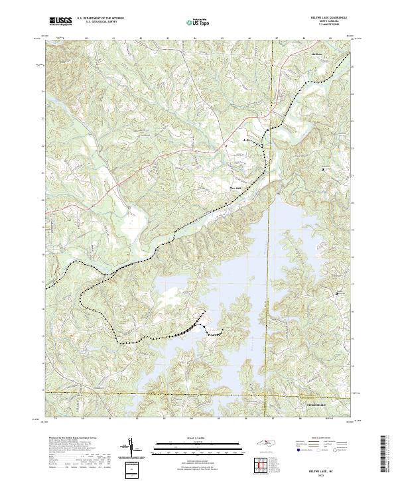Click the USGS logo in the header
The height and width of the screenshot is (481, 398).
pyautogui.click(x=60, y=21)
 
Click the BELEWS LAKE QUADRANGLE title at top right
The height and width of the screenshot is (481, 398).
pyautogui.click(x=329, y=18)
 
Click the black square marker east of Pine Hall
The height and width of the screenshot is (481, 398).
pyautogui.click(x=323, y=171)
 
